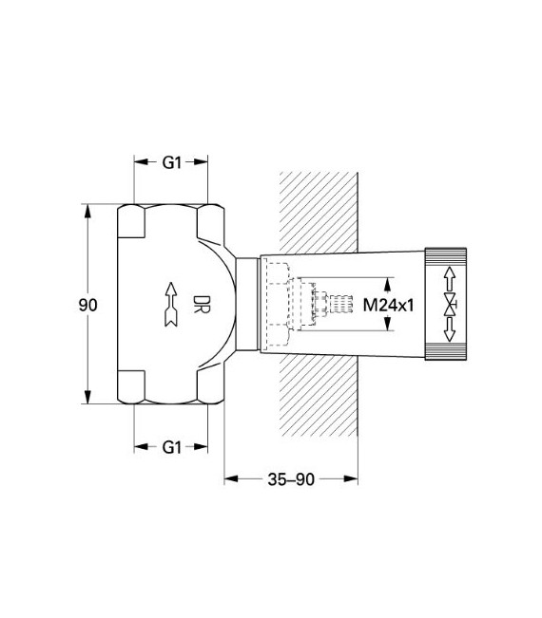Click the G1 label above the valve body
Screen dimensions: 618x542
click(x=171, y=162)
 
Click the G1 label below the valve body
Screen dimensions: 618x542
click(x=171, y=445)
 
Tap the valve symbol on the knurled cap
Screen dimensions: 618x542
click(x=448, y=304)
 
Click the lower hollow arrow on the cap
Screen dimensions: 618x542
click(x=448, y=330)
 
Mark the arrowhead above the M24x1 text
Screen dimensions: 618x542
click(x=389, y=282)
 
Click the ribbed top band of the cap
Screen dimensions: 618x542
click(x=447, y=254)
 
